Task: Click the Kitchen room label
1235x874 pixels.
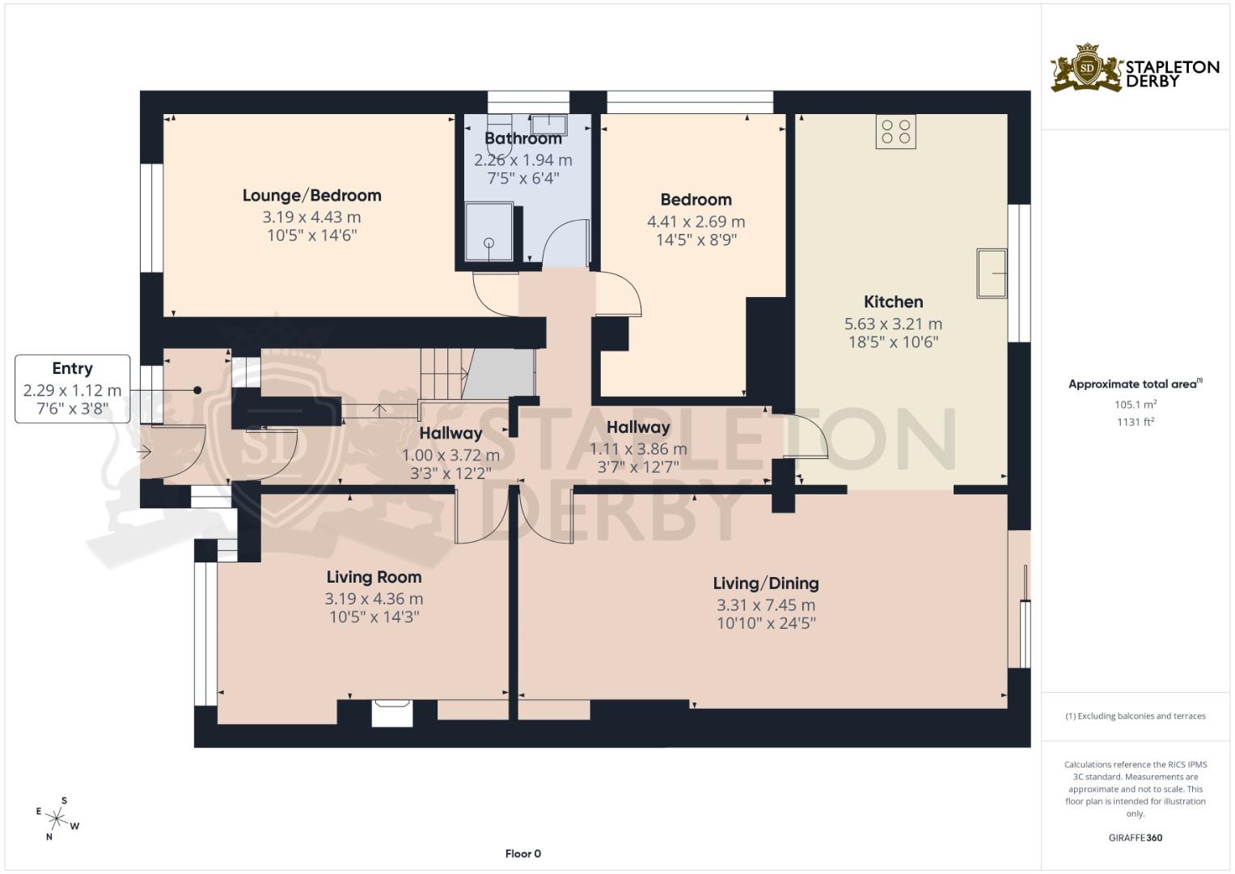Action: pos(893,302)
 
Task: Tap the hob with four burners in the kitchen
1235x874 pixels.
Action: pos(895,132)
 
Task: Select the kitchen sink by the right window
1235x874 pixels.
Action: pos(992,274)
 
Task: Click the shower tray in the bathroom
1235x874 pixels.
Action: pos(489,231)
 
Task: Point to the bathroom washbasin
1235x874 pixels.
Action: pos(549,124)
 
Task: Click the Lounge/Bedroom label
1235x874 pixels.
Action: pos(311,195)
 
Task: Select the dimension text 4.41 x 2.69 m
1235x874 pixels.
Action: pos(696,221)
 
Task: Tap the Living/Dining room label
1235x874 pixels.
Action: pos(765,583)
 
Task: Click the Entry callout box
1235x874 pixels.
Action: pos(72,388)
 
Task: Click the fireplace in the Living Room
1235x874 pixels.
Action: pos(392,712)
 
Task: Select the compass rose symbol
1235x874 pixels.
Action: pos(56,819)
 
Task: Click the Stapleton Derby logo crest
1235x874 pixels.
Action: pos(1086,69)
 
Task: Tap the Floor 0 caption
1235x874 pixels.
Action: pos(522,854)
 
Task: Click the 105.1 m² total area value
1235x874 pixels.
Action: pos(1135,404)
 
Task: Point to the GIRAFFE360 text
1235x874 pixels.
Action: pos(1135,838)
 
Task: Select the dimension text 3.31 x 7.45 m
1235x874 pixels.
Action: pos(765,605)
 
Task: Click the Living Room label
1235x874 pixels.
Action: pos(374,577)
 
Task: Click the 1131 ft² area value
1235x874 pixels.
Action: pos(1135,421)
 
